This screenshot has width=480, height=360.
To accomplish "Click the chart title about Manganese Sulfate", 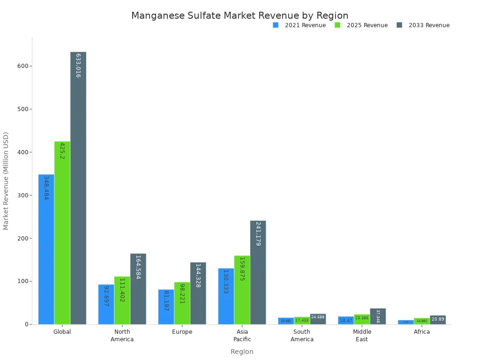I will (x=240, y=15).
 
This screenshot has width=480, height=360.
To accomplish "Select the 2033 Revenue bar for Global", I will (x=78, y=187).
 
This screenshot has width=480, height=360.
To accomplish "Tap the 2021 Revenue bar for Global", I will (x=46, y=249).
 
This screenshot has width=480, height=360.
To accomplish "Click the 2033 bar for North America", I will (x=138, y=289).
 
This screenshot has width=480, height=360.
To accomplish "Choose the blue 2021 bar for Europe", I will (x=166, y=307).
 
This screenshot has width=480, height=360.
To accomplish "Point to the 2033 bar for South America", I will (x=318, y=319).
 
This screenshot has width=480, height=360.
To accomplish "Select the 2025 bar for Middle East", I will (x=362, y=319).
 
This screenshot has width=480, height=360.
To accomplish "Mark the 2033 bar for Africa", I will (x=438, y=320).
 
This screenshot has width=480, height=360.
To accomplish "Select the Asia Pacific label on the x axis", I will (x=242, y=335).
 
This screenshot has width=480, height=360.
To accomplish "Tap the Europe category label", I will (x=182, y=332).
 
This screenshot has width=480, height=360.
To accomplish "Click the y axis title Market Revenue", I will (x=6, y=180).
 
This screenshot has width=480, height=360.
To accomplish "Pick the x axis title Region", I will (x=242, y=352).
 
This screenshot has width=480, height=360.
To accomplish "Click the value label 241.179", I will (x=258, y=233).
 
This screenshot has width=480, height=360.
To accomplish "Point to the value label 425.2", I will (x=62, y=150).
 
